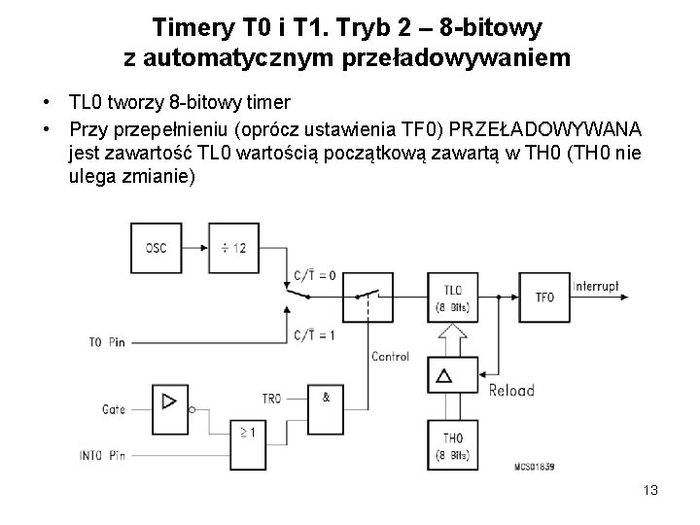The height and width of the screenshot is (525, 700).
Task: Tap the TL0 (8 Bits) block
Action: [x=452, y=298]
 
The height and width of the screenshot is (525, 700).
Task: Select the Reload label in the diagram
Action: [x=511, y=390]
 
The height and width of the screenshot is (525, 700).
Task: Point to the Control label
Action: [x=391, y=357]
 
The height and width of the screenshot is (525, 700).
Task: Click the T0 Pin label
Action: [x=108, y=341]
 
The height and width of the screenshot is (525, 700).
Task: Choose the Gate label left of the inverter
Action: [x=114, y=410]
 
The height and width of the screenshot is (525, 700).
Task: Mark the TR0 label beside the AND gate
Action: [x=271, y=399]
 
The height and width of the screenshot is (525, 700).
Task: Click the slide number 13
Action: [x=650, y=490]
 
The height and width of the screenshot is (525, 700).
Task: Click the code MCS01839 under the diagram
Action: [x=534, y=468]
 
